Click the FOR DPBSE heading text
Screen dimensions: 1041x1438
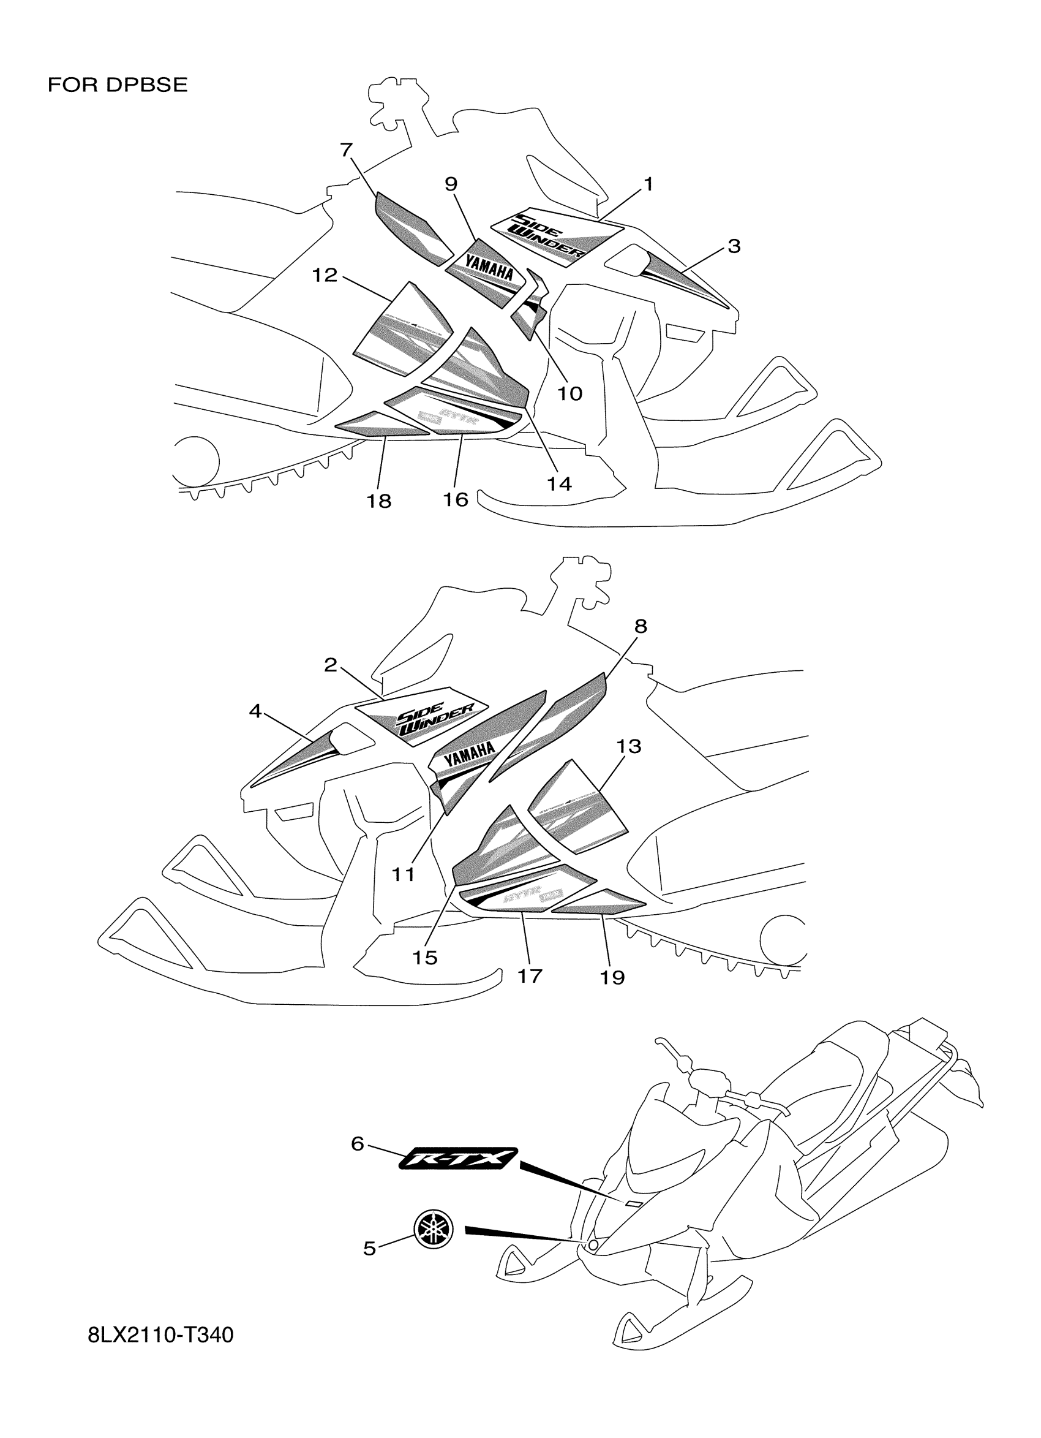(118, 85)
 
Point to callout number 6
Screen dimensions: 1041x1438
(358, 1144)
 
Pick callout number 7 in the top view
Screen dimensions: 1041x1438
(346, 150)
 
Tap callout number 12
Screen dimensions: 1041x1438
(325, 275)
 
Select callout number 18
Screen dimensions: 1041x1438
(379, 501)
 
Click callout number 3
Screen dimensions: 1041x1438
(734, 246)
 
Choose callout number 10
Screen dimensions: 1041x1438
(569, 394)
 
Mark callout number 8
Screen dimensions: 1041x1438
(641, 626)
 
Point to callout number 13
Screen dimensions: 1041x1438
(628, 746)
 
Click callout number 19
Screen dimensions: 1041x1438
(612, 977)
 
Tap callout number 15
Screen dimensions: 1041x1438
(425, 958)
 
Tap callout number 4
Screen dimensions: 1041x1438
(255, 711)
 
